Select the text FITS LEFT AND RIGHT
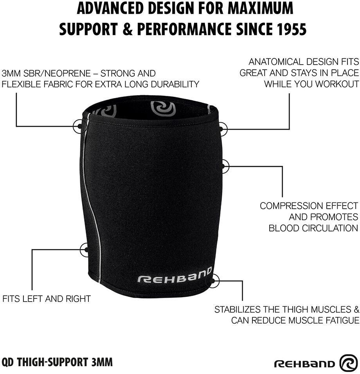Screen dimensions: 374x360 46,299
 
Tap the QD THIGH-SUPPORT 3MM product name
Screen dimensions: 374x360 57,361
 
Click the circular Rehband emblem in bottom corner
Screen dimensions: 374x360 348,363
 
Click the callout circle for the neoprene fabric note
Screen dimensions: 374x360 79,126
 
